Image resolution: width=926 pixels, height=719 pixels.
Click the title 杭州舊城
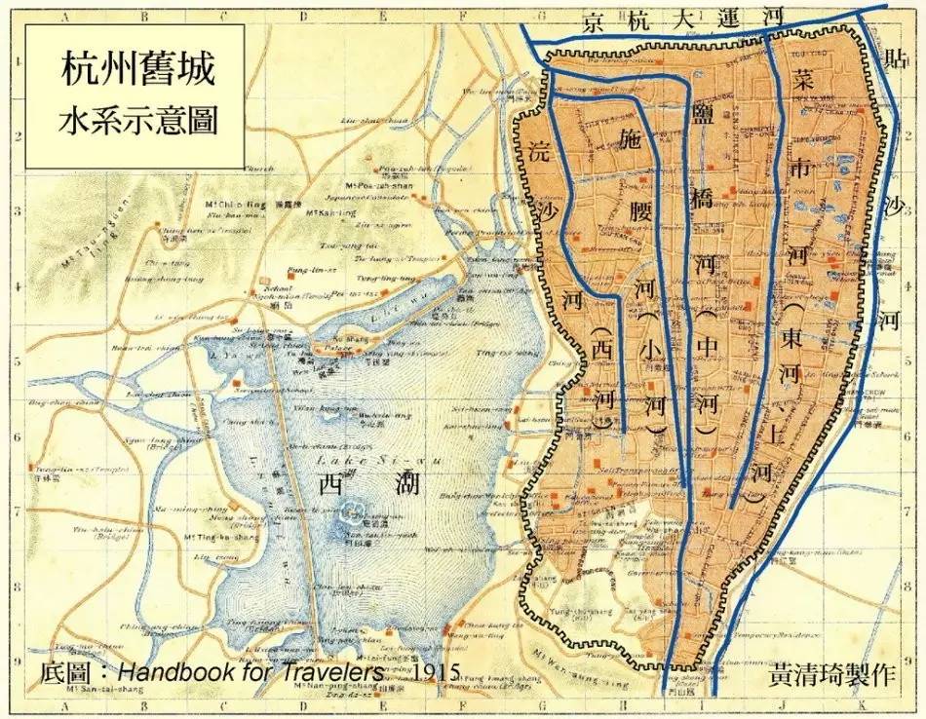137,71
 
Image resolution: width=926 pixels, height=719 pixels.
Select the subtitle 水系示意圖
137,120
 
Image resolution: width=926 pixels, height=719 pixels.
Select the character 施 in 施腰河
637,143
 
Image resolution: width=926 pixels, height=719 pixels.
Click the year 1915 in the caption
435,673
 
